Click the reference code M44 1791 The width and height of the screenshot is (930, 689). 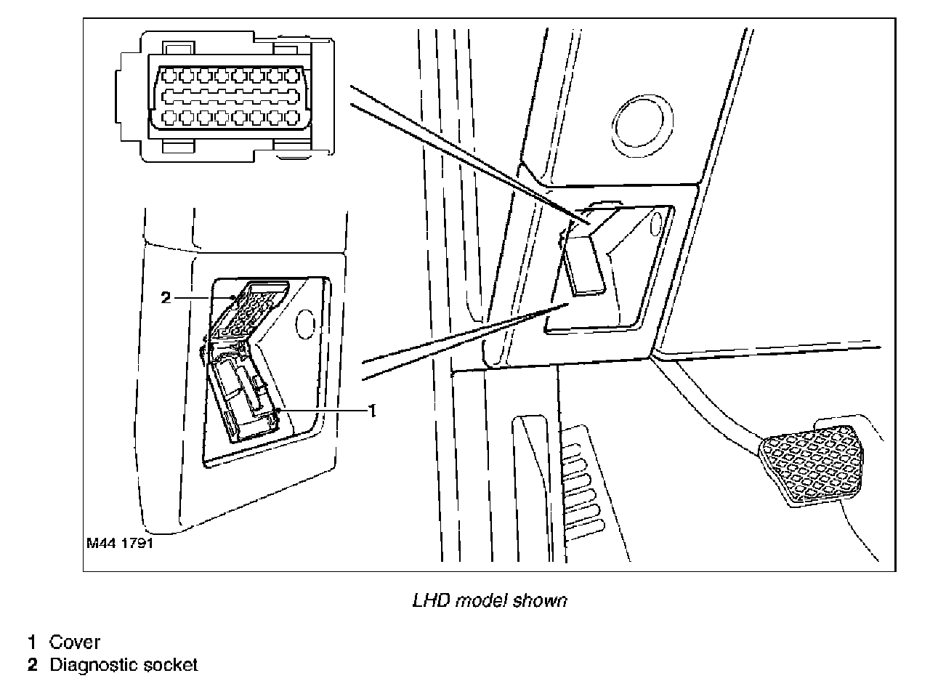point(119,543)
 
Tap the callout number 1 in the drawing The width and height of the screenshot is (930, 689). point(371,411)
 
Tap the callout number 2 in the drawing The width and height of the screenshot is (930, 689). point(165,297)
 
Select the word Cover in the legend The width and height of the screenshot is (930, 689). point(75,642)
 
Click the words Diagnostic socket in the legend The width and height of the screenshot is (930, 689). point(123,665)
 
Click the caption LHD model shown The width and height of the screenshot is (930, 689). point(489,601)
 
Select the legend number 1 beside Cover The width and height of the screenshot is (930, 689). point(32,642)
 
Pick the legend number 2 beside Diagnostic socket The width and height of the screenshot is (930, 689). point(32,665)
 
